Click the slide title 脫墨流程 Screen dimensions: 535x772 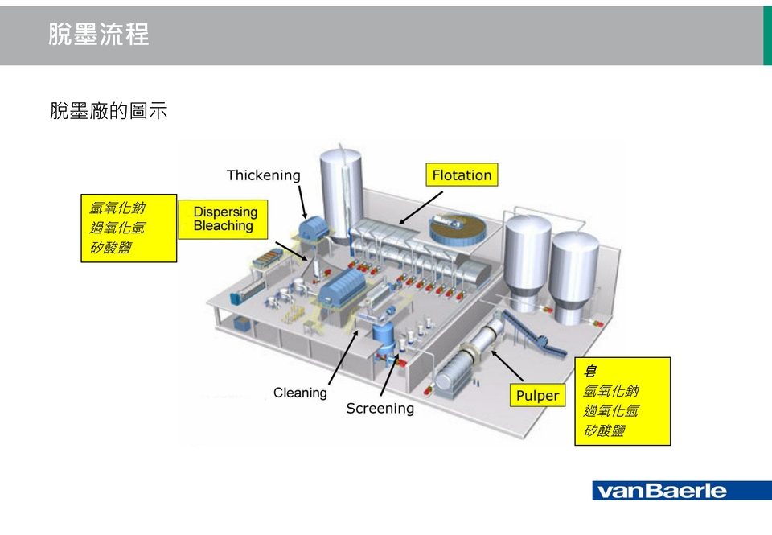98,35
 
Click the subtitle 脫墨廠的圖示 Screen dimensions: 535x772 109,111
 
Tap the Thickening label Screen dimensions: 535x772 263,175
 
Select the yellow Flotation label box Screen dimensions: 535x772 462,175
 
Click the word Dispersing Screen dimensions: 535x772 225,212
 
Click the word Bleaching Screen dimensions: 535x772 223,227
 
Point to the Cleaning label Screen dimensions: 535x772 300,393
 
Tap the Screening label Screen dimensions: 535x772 380,409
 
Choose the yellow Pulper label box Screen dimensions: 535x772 536,395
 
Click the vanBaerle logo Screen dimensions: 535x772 681,491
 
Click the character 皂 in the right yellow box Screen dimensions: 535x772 590,372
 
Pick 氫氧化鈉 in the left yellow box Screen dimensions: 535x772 117,208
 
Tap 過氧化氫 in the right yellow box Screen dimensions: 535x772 610,411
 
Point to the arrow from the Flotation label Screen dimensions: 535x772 421,208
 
